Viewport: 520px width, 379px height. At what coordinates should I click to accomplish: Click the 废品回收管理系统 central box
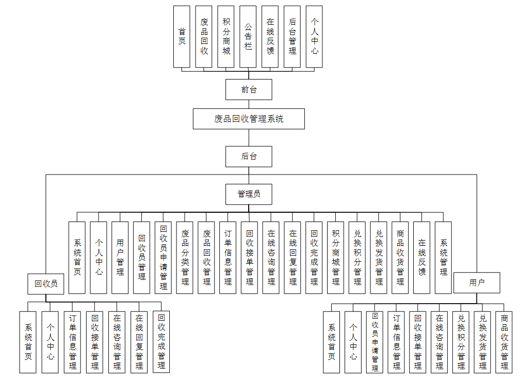(x=249, y=119)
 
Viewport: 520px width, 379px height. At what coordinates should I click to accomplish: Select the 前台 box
(x=249, y=89)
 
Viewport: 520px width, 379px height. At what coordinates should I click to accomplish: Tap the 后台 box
(x=249, y=156)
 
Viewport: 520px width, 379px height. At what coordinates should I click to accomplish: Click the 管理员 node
(x=249, y=194)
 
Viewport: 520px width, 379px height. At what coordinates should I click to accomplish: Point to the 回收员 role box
(x=45, y=283)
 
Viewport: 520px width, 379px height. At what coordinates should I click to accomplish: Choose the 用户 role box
(x=477, y=282)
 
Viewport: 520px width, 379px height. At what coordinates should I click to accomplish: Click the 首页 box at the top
(x=182, y=37)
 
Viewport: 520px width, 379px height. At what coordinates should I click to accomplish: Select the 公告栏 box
(x=248, y=37)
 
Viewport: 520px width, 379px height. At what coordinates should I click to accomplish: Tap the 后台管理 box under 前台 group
(x=293, y=37)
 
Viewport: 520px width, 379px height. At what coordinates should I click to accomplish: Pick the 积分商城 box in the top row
(x=226, y=37)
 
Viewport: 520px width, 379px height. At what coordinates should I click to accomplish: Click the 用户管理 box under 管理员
(x=120, y=258)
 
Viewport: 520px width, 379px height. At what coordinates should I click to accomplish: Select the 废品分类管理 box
(x=185, y=258)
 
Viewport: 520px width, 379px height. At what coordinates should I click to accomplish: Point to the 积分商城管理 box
(x=336, y=258)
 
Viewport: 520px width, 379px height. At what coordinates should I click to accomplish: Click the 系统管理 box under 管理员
(x=444, y=258)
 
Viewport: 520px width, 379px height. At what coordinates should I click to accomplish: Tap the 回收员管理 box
(x=142, y=258)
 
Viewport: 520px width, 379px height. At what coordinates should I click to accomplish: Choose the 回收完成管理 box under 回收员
(x=161, y=342)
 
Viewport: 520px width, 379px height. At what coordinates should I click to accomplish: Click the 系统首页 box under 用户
(x=332, y=342)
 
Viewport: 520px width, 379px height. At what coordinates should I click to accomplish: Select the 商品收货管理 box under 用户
(x=504, y=342)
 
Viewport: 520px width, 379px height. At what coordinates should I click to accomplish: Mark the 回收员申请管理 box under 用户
(x=375, y=342)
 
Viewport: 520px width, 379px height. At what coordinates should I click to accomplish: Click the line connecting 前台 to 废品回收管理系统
(x=249, y=104)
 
